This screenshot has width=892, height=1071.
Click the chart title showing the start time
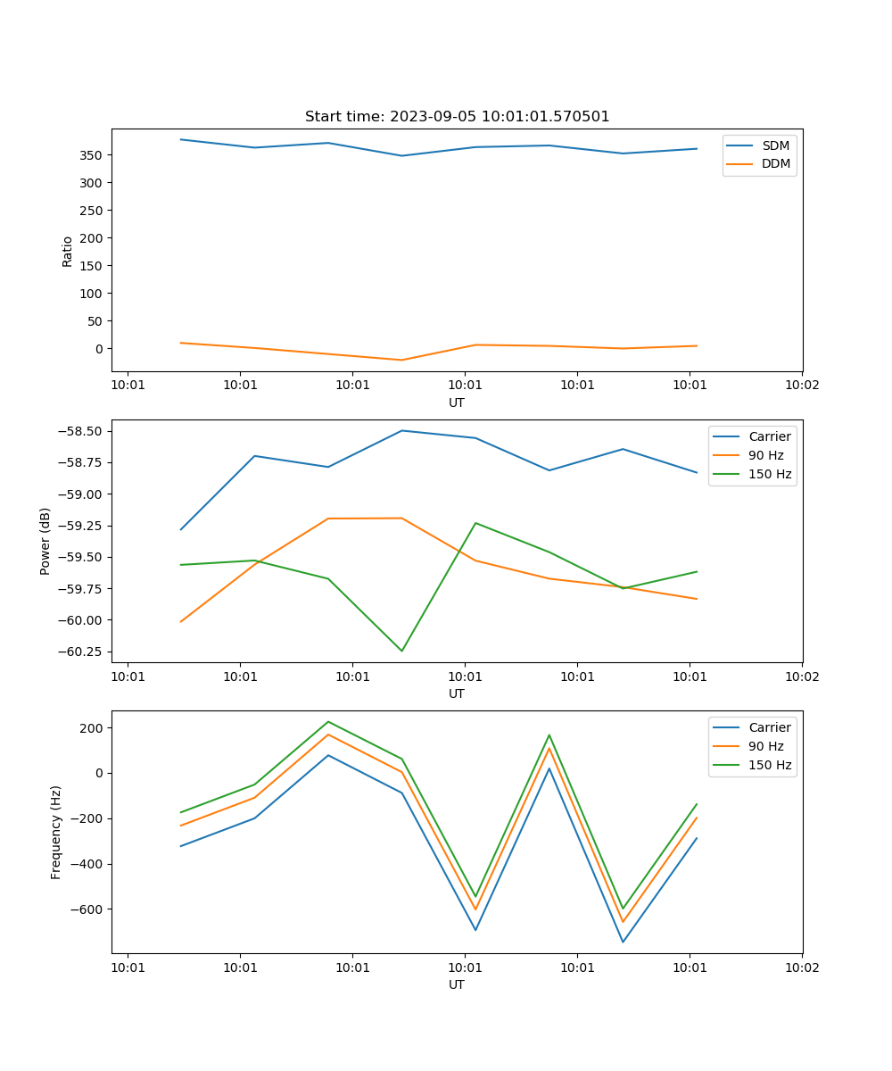pos(457,117)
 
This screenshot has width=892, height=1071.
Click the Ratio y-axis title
pos(68,251)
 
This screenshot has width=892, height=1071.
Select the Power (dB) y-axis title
pos(45,541)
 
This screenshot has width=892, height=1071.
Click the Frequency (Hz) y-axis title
pos(56,832)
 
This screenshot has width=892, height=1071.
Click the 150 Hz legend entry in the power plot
pos(770,474)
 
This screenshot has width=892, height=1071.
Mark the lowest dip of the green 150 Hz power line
pos(401,651)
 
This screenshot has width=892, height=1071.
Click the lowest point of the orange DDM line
pos(401,360)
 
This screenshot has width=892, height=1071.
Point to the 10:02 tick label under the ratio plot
pos(801,386)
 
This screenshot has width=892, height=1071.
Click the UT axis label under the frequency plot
pos(457,984)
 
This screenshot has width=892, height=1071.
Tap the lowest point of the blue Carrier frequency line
pos(623,942)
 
